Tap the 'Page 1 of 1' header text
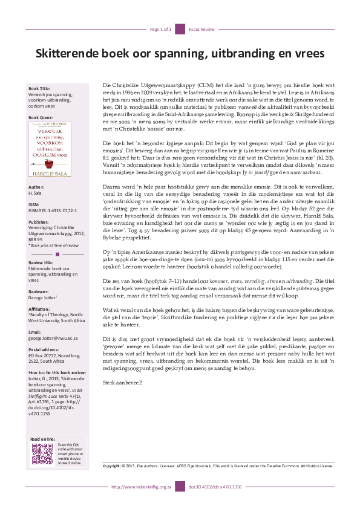(161, 29)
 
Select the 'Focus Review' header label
(200, 29)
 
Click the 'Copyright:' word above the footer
(112, 467)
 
